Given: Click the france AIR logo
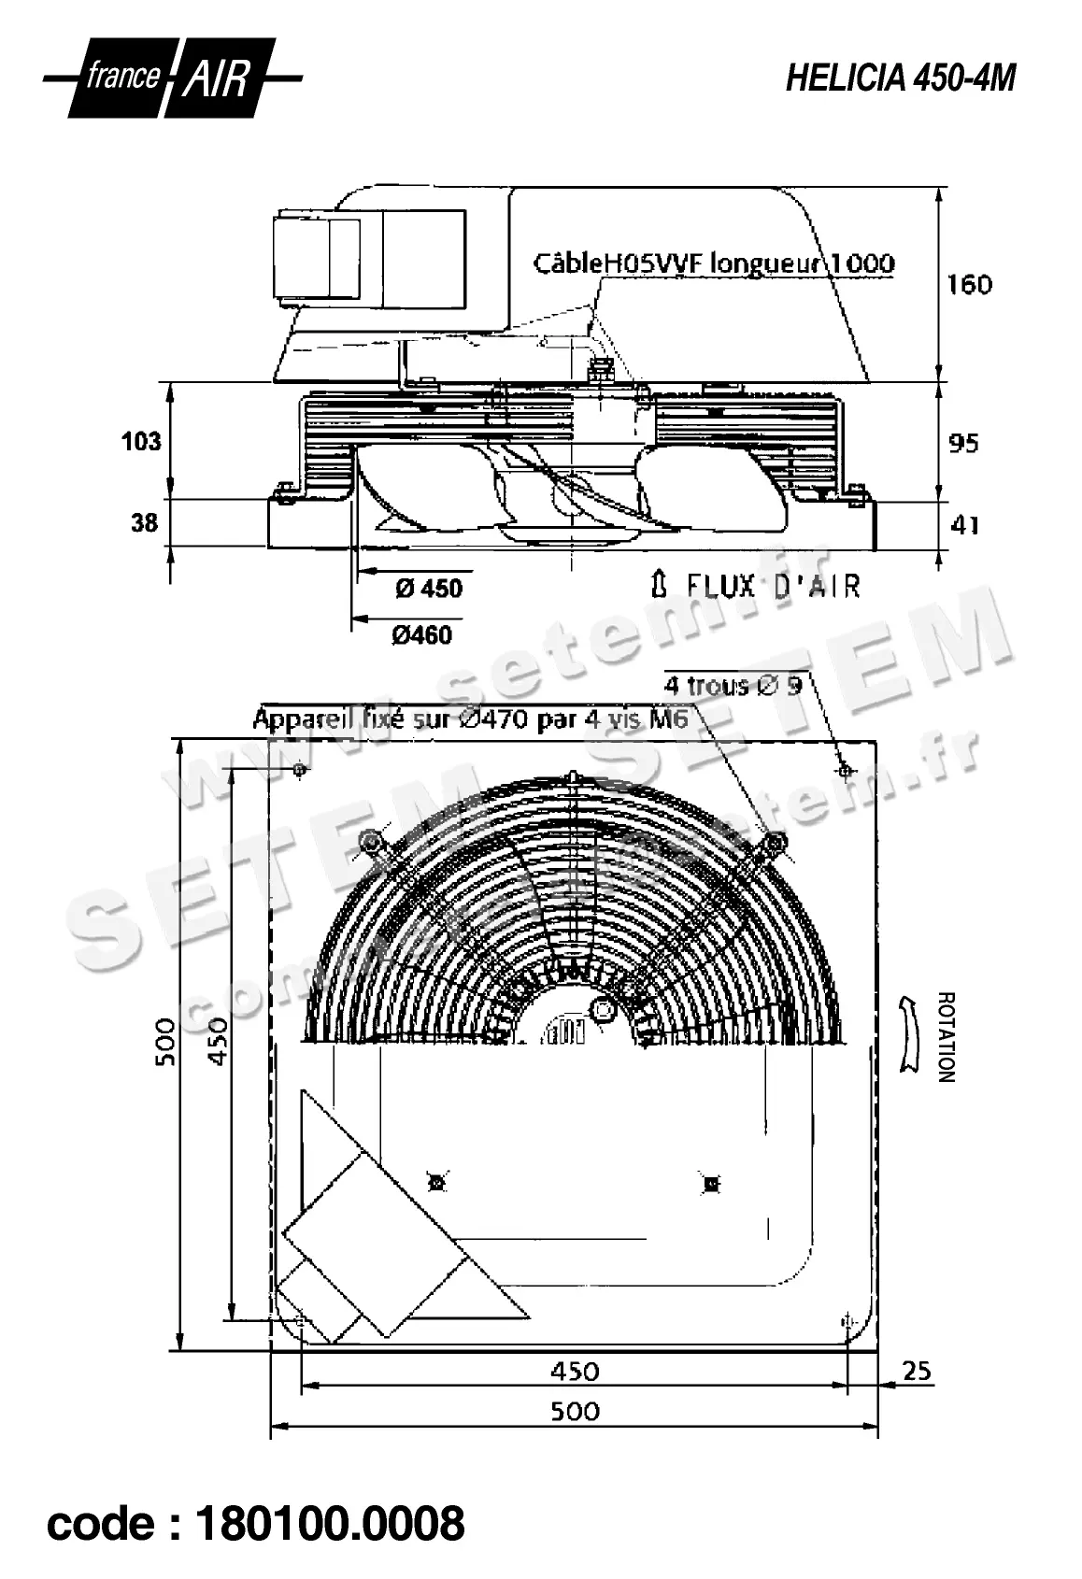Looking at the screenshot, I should [172, 79].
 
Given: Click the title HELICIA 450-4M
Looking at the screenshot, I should [900, 79].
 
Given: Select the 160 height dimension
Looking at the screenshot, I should [969, 284].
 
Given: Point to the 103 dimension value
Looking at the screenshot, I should [141, 441].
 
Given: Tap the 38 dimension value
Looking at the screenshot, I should [144, 523].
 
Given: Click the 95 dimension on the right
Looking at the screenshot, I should [963, 443].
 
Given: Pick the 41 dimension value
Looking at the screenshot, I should [963, 525].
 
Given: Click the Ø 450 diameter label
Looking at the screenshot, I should [428, 589].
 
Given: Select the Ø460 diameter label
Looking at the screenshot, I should [421, 635].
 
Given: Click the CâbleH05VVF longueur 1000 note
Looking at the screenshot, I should [713, 263].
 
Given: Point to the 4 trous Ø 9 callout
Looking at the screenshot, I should [733, 686].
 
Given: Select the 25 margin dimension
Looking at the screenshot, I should [918, 1370].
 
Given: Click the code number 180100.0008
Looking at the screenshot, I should [328, 1524].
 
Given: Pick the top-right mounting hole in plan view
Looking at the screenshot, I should [845, 771].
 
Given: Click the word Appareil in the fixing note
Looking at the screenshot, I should [301, 719].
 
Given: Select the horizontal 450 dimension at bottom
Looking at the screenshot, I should [575, 1370].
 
